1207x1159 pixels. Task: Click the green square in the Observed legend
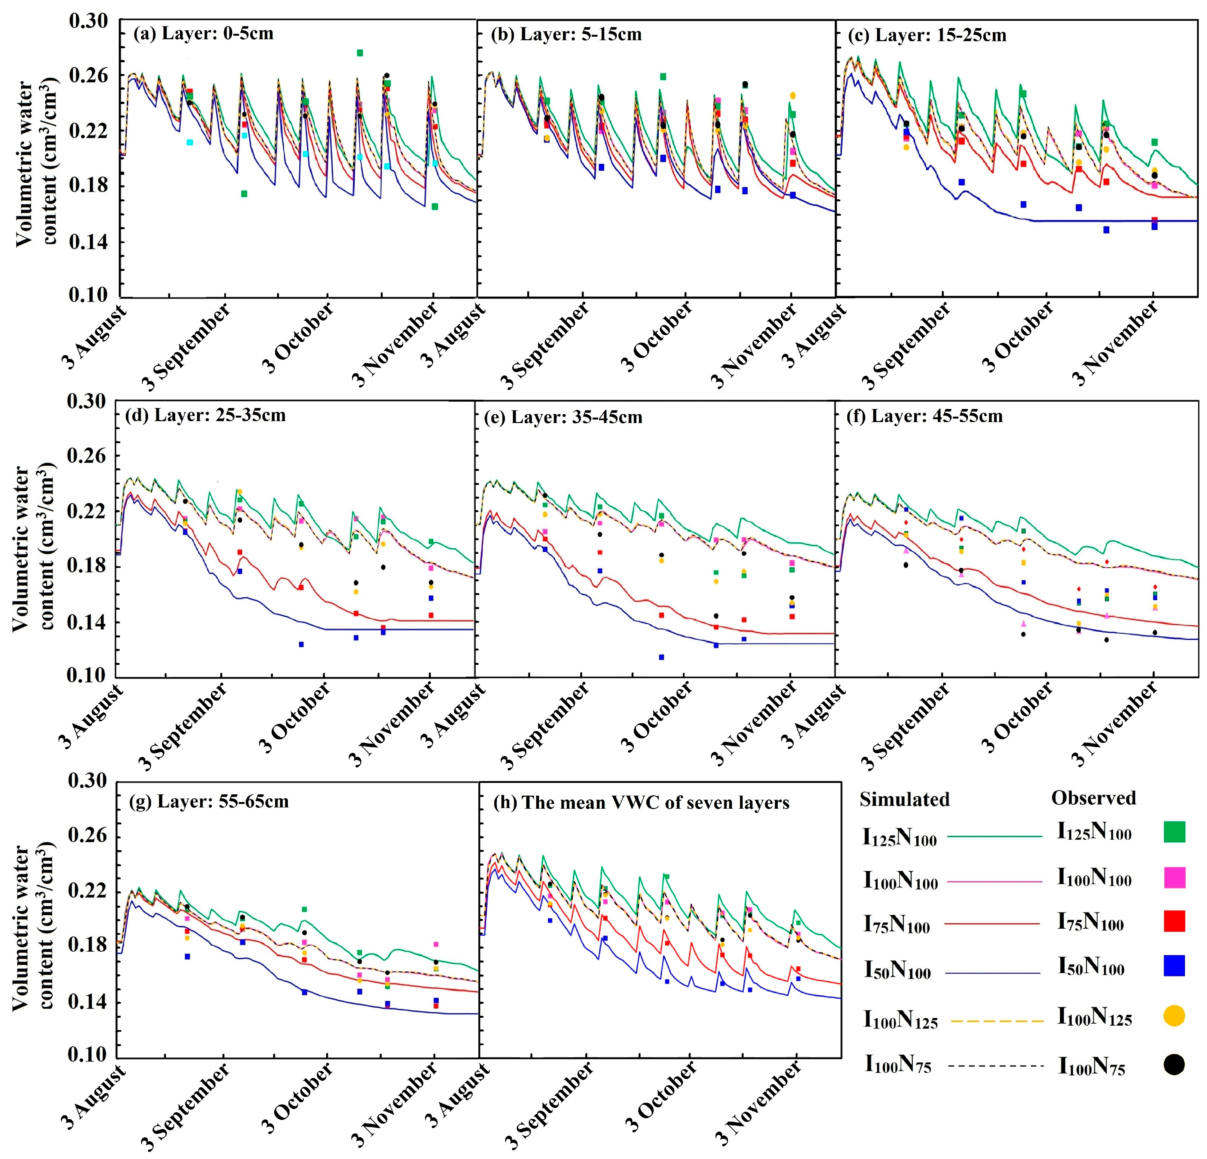pos(1174,832)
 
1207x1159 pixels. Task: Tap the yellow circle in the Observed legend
pos(1174,1015)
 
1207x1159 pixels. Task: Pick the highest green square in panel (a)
pos(360,53)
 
